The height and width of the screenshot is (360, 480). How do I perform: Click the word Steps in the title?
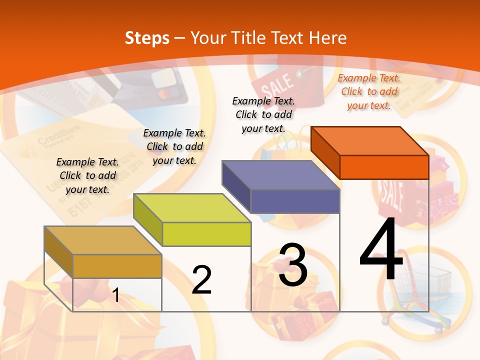click(x=147, y=38)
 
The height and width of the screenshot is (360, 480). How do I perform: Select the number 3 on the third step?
click(x=293, y=265)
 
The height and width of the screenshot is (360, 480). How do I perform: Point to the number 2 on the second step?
click(x=201, y=280)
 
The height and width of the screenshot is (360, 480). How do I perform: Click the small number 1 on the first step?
click(x=116, y=295)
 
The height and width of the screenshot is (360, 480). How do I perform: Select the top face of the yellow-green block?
click(x=192, y=208)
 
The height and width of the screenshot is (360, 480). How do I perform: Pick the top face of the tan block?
click(x=103, y=240)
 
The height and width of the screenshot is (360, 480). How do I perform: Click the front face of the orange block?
click(x=384, y=167)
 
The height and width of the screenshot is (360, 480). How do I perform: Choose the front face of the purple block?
click(x=295, y=201)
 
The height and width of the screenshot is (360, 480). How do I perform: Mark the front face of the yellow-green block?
click(x=206, y=234)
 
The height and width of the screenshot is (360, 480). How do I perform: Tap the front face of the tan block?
click(x=117, y=266)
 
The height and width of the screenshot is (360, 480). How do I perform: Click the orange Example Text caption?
click(x=369, y=91)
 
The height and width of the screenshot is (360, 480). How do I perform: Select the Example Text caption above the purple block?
click(x=263, y=114)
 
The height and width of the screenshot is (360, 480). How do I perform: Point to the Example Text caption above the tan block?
click(x=87, y=175)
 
